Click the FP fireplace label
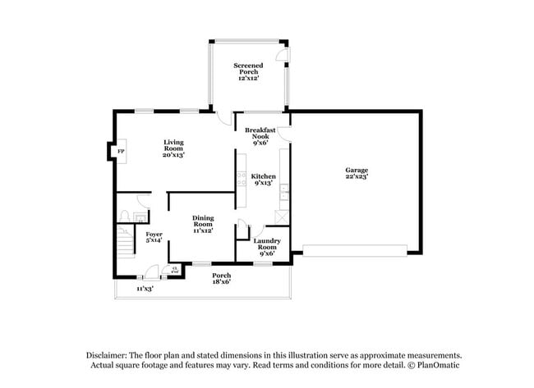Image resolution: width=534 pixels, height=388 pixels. click(120, 152)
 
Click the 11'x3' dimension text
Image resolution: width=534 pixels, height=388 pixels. click(145, 289)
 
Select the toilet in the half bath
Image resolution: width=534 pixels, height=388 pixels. click(126, 216)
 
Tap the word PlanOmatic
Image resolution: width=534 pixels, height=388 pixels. click(438, 365)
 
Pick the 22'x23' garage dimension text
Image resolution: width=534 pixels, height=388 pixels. click(356, 177)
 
